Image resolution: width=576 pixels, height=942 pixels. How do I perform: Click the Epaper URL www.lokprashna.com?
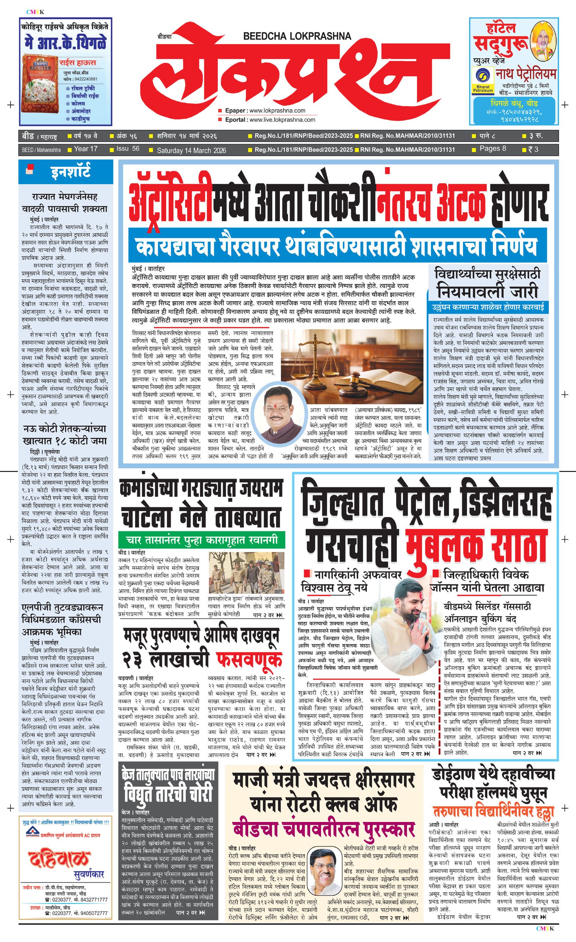coord(277,111)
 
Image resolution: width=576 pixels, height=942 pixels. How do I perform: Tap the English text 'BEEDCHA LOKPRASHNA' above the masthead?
coord(297,36)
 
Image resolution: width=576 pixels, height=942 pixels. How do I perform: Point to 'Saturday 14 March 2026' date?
coord(191,150)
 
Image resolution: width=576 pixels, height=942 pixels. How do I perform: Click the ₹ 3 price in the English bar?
coord(533,149)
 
